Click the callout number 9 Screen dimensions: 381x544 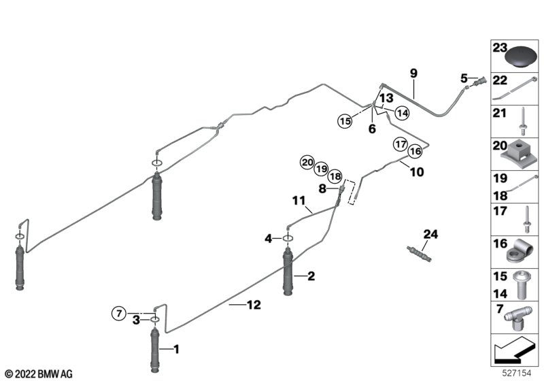413,73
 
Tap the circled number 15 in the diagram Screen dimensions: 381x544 345,121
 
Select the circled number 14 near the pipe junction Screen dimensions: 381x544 402,113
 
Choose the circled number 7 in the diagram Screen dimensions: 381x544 119,313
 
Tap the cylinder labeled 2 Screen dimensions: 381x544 288,272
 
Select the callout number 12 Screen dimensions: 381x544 252,306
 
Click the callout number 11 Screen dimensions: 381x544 300,201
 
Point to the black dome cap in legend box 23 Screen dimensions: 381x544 521,55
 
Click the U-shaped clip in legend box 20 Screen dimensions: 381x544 520,154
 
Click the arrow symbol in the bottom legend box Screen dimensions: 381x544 514,352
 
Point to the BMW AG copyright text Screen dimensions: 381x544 39,374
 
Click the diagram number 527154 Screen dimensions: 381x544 517,374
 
